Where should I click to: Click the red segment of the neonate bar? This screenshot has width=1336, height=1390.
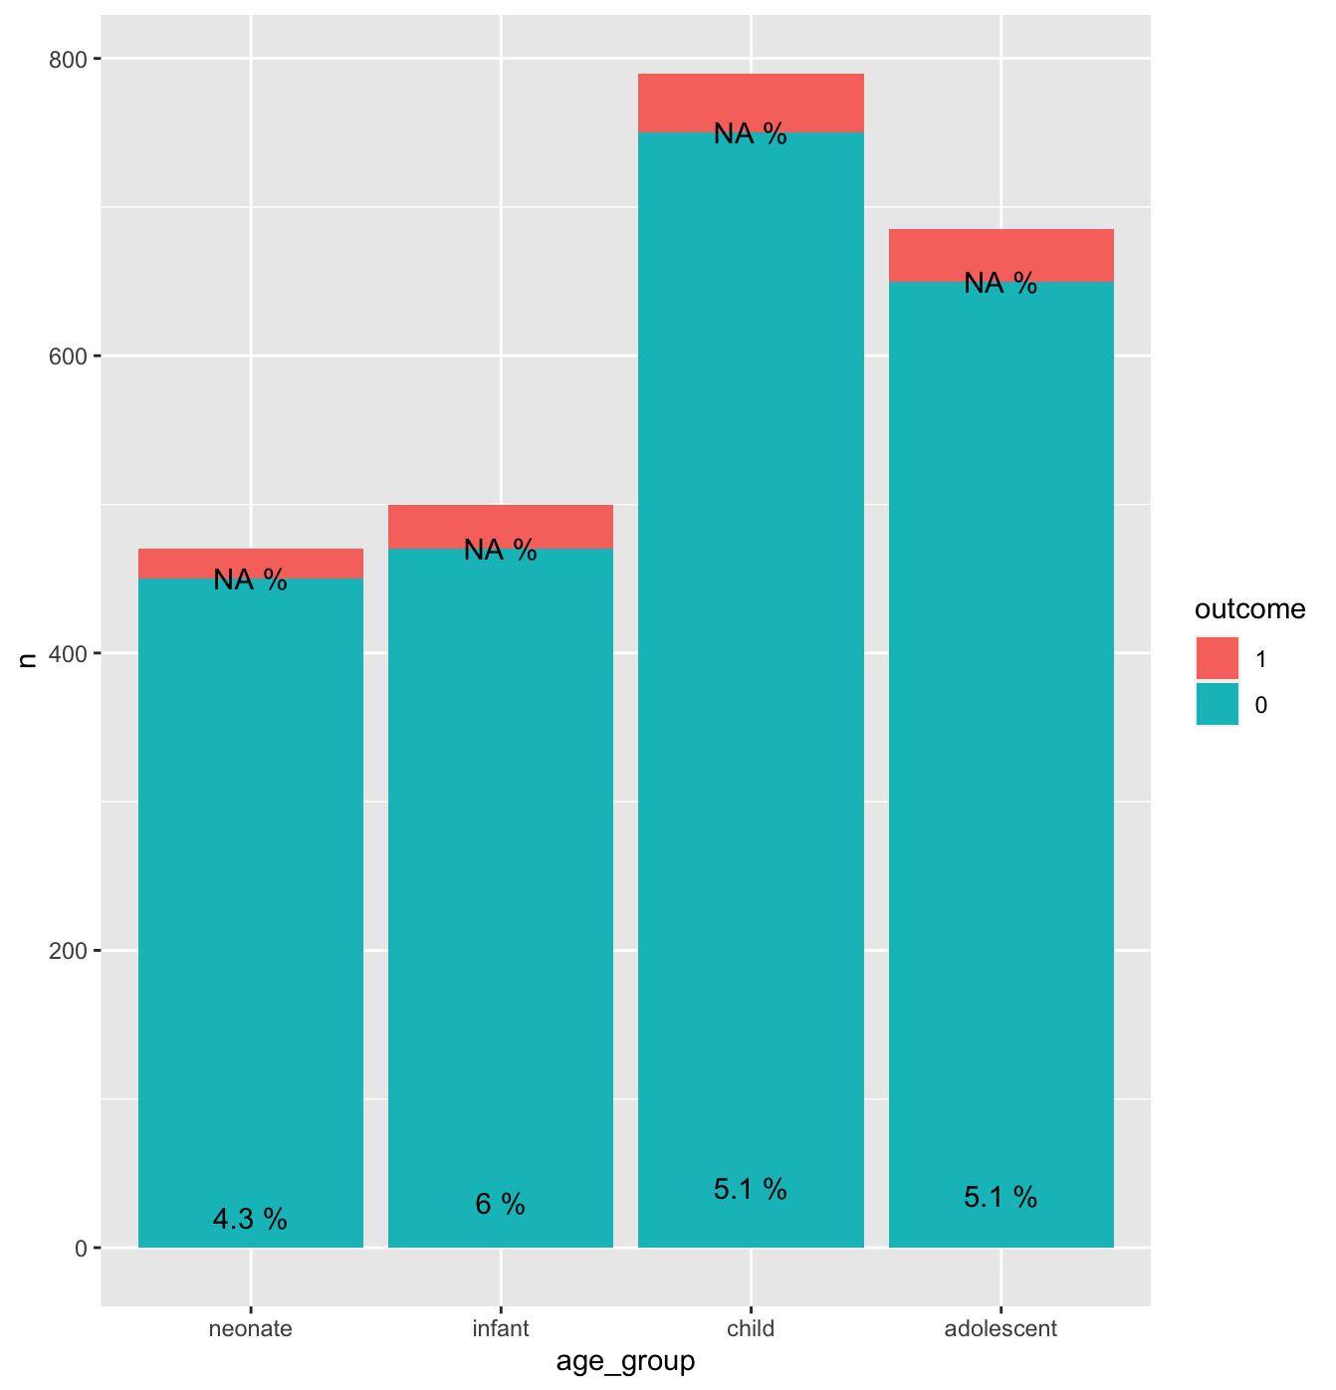click(250, 563)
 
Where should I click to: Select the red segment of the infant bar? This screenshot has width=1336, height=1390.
click(500, 527)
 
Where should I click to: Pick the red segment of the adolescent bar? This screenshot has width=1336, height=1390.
click(1001, 255)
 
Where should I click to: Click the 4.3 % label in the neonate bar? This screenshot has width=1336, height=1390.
click(250, 1219)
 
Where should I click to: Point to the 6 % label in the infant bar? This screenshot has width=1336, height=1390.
click(500, 1204)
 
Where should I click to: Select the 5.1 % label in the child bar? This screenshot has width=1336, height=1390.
click(750, 1189)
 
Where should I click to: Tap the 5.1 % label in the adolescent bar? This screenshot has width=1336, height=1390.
click(1001, 1197)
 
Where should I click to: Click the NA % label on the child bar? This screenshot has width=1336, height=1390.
click(750, 133)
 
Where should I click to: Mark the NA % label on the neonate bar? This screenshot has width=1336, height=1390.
click(250, 579)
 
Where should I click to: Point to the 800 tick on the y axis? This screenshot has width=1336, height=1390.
click(68, 60)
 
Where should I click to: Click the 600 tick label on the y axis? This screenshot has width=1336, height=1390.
click(68, 355)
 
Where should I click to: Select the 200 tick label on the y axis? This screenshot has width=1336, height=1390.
click(68, 951)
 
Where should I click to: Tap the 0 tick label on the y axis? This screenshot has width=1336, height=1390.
click(81, 1248)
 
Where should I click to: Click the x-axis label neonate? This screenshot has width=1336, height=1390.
click(250, 1328)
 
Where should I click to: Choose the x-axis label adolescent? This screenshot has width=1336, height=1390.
click(1001, 1328)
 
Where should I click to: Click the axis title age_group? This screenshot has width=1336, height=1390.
click(625, 1361)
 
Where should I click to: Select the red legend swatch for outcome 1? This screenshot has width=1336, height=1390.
click(1217, 657)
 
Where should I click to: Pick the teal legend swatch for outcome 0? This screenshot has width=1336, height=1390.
click(1217, 704)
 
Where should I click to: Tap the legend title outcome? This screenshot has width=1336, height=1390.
click(1249, 608)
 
